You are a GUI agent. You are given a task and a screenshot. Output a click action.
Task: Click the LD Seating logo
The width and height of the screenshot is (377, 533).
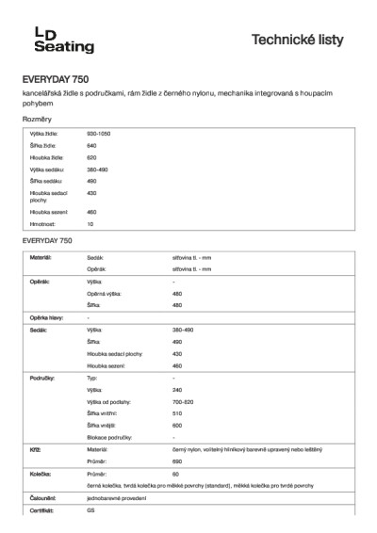tap(64, 39)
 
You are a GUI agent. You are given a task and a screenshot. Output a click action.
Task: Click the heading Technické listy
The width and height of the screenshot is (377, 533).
tap(297, 40)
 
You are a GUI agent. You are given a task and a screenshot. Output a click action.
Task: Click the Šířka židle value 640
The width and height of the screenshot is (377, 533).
tap(91, 146)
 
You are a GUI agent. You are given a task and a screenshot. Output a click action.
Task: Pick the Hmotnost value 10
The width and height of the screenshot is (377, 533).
tap(90, 224)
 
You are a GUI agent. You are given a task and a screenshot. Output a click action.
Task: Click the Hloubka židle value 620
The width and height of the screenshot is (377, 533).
tap(91, 157)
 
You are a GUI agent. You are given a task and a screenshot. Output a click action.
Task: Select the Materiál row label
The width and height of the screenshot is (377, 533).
tap(41, 256)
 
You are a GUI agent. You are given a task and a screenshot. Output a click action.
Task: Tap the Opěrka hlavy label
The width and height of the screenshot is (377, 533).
tap(46, 317)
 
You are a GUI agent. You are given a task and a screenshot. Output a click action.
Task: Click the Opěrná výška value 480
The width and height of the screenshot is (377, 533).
tap(177, 293)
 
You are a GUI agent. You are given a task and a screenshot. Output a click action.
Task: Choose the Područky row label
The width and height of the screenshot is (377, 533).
tap(43, 377)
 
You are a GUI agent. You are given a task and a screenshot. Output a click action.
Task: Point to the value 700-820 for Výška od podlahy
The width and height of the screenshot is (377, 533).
tap(184, 401)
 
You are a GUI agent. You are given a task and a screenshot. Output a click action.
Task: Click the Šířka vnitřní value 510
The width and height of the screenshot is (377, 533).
tap(177, 413)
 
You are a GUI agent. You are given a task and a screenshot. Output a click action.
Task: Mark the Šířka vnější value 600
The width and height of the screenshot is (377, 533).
tap(177, 426)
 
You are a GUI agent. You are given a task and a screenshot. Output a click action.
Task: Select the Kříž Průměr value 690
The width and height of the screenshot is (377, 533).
tap(177, 462)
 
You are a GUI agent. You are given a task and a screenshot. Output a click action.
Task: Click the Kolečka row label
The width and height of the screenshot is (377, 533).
tap(41, 475)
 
